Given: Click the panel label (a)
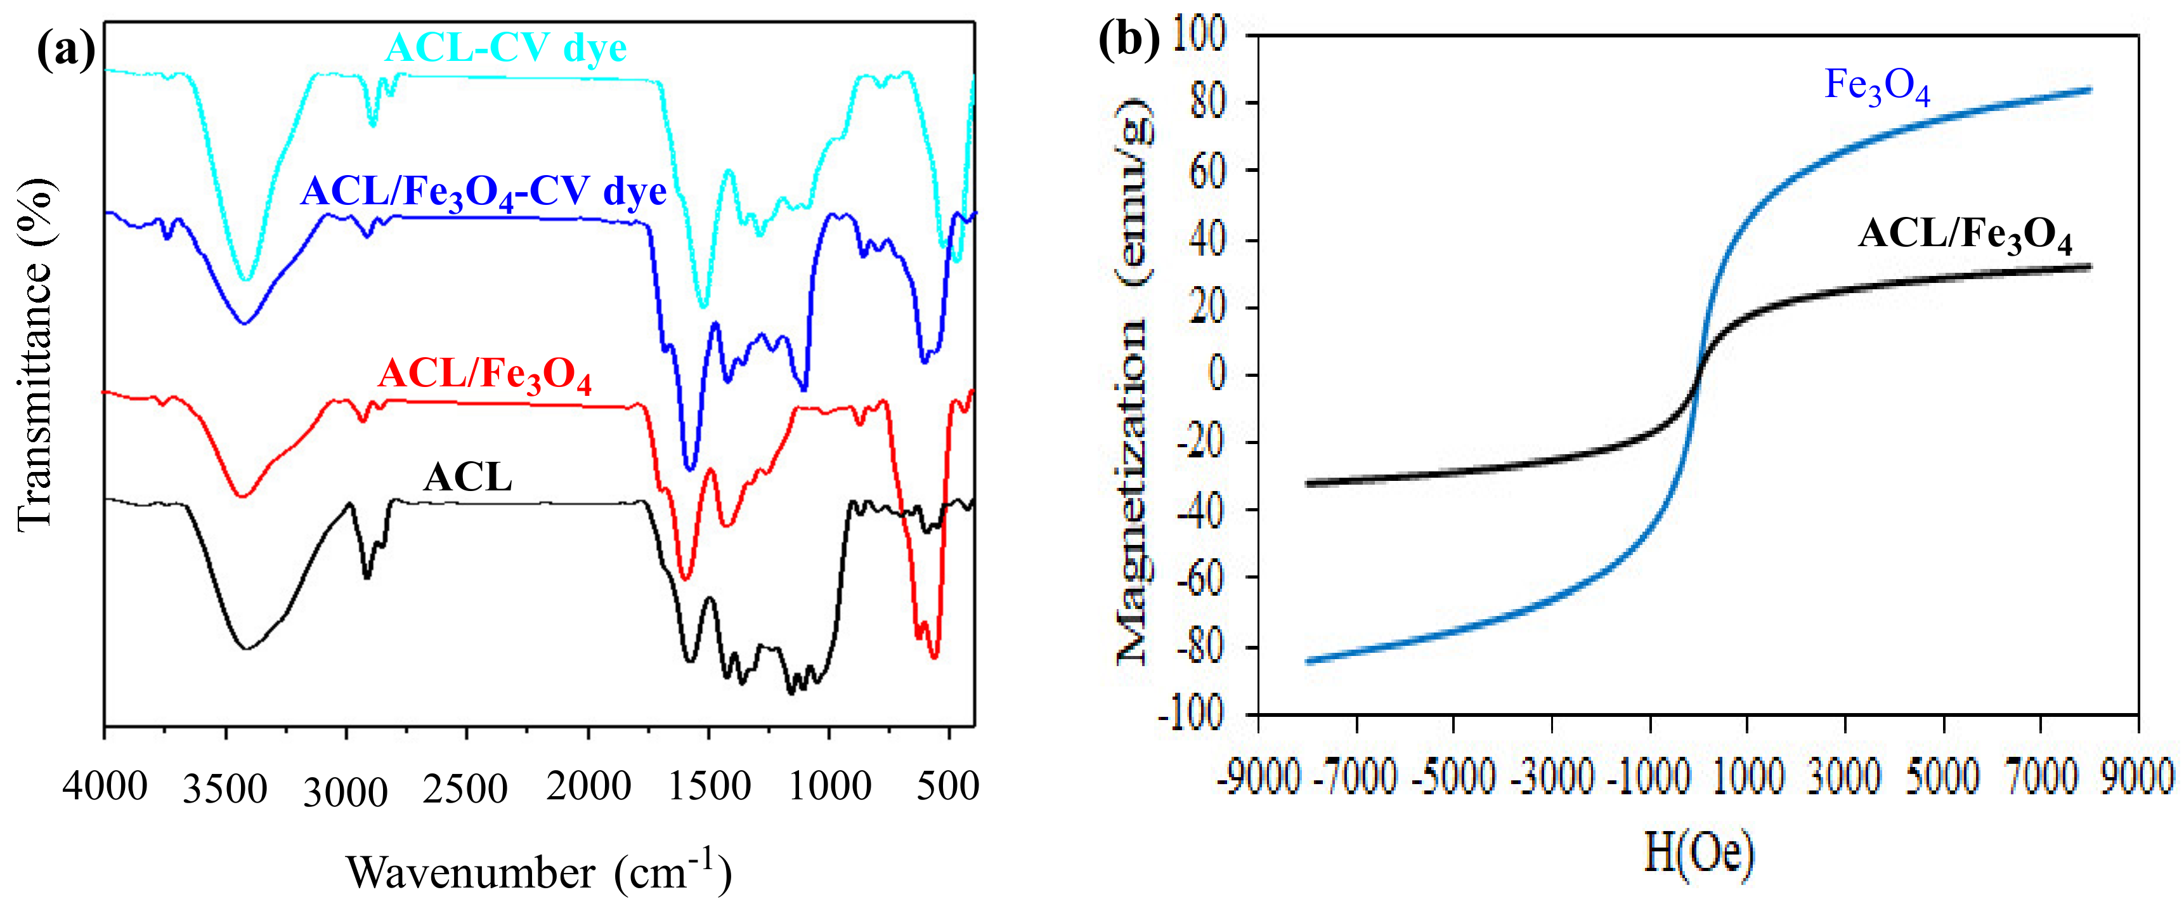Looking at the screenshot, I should pyautogui.click(x=65, y=50).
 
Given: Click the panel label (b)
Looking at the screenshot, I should pyautogui.click(x=1128, y=39).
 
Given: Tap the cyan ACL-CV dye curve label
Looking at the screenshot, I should pyautogui.click(x=506, y=48).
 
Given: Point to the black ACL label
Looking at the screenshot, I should pyautogui.click(x=468, y=478).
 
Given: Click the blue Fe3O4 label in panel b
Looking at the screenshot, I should pyautogui.click(x=1877, y=86).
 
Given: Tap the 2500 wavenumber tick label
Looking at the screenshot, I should pyautogui.click(x=465, y=789).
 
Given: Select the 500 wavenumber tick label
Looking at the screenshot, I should pyautogui.click(x=948, y=786).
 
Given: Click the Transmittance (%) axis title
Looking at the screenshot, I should pyautogui.click(x=36, y=357).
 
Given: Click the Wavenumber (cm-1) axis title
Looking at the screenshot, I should pyautogui.click(x=538, y=871).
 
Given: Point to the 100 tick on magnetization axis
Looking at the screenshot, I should pyautogui.click(x=1199, y=36).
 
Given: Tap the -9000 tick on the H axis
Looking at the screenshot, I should pyautogui.click(x=1259, y=776).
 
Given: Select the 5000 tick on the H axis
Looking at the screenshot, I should pyautogui.click(x=1942, y=776).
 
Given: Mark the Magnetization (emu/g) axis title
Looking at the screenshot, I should pyautogui.click(x=1134, y=382).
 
